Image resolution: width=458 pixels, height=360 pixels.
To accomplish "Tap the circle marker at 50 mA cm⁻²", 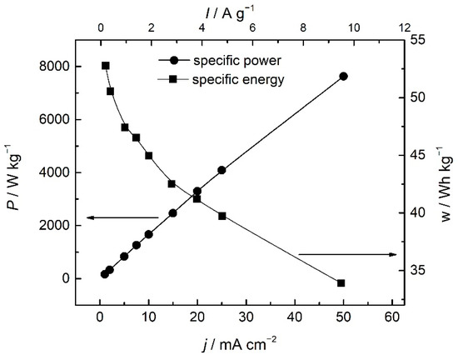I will (x=343, y=76).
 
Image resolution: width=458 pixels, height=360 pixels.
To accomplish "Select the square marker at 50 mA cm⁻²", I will (x=341, y=283).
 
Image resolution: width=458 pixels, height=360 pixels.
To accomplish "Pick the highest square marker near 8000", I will (x=106, y=66).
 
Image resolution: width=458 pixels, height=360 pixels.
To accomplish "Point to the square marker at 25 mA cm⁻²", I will (x=222, y=216).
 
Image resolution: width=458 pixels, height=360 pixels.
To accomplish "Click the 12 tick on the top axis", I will (x=406, y=27).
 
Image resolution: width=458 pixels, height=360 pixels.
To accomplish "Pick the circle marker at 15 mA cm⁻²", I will (x=173, y=212).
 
